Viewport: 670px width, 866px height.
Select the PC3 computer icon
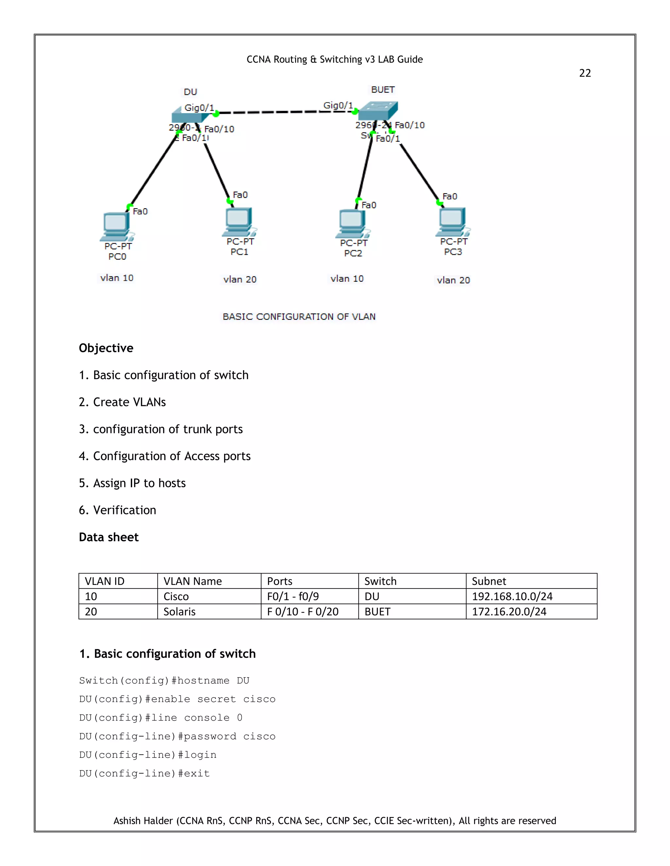tap(453, 222)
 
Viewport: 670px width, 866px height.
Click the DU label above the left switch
tap(190, 92)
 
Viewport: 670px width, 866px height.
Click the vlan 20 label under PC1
tap(240, 279)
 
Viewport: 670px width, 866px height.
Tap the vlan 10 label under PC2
tap(347, 279)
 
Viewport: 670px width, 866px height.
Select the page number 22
tap(585, 73)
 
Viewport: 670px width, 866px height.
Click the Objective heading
tap(106, 348)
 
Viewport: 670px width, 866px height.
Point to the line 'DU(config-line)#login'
tap(148, 755)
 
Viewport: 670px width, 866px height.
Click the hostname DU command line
tap(164, 680)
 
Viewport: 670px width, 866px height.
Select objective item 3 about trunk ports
tap(161, 429)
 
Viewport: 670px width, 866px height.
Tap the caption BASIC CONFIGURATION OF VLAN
tap(299, 316)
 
